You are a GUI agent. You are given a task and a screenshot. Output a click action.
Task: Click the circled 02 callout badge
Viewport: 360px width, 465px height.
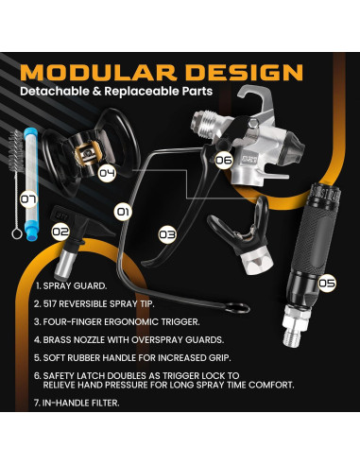pyautogui.click(x=60, y=231)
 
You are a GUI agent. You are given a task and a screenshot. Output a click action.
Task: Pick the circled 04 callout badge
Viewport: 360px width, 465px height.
pyautogui.click(x=107, y=173)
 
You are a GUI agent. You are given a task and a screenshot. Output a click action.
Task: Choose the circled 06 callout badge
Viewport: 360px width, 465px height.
pyautogui.click(x=224, y=161)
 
